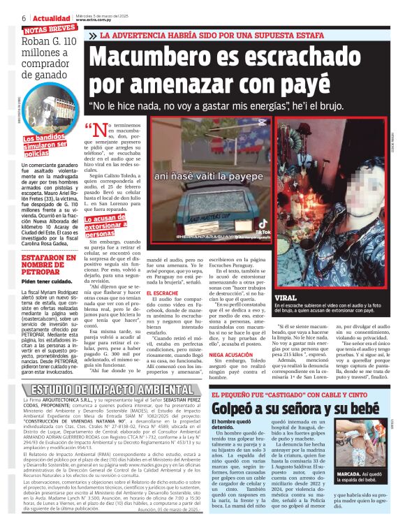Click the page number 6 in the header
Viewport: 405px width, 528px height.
pos(24,17)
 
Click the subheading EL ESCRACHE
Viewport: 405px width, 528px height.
pos(167,292)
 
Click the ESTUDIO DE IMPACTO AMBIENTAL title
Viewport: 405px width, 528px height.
pos(108,389)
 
